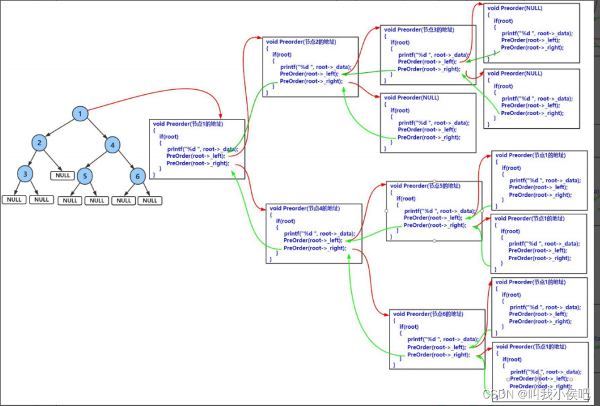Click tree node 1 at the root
coord(80,114)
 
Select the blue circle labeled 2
coord(39,143)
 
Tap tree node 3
coord(25,173)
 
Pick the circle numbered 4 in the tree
coord(112,145)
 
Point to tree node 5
coord(84,175)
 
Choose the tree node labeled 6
coord(138,176)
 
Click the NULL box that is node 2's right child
coord(63,175)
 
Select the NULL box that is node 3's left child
coord(13,200)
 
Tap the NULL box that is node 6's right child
coord(150,200)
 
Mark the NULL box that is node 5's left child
coord(70,200)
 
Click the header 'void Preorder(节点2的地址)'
coord(300,42)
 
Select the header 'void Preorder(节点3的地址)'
coord(418,30)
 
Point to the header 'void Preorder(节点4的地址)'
coord(304,208)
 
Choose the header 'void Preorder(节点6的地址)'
coord(428,314)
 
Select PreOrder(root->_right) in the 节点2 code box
coord(311,81)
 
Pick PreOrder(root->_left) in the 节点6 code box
coord(436,347)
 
